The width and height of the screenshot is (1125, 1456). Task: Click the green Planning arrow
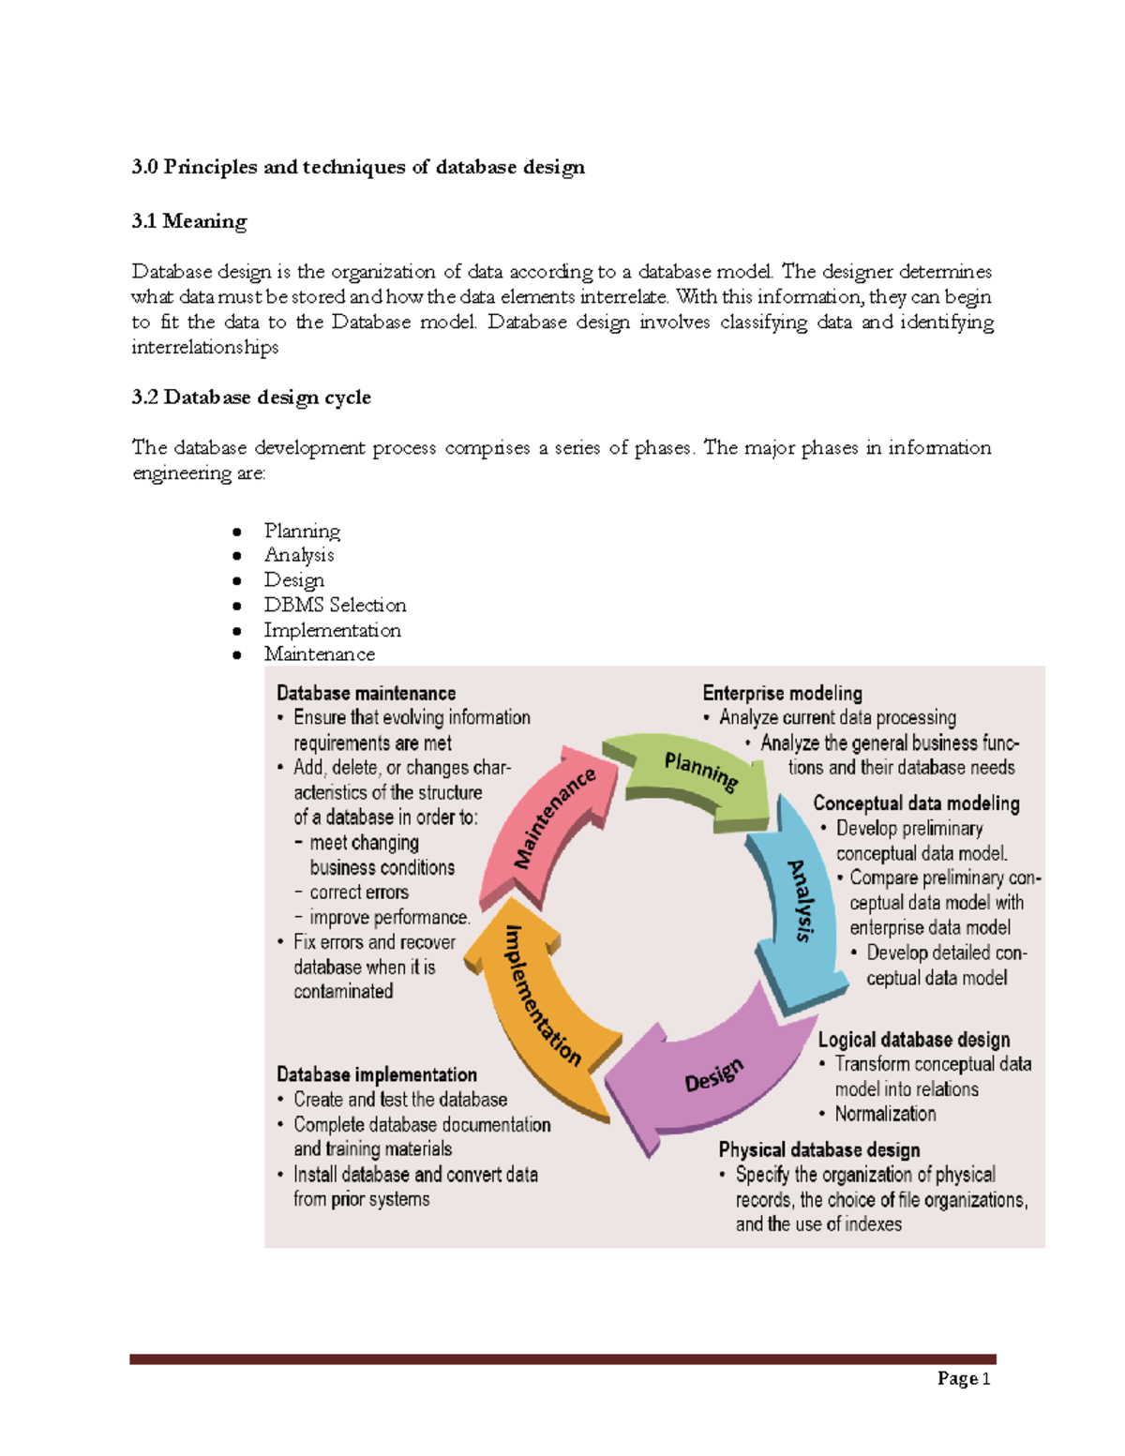click(x=698, y=773)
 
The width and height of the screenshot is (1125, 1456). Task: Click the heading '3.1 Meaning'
click(x=189, y=221)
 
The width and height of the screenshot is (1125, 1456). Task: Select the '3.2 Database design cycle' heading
click(x=251, y=398)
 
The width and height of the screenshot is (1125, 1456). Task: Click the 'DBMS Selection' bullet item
click(x=335, y=605)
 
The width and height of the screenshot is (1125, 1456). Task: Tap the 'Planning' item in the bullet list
click(x=302, y=531)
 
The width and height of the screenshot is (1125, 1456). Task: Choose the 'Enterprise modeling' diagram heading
click(x=782, y=693)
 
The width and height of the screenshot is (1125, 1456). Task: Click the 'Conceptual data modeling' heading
click(x=916, y=803)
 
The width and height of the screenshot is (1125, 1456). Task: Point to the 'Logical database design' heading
click(x=914, y=1040)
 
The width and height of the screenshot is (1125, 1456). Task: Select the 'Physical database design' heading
click(x=818, y=1149)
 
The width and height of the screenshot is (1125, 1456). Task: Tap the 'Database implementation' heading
click(x=377, y=1074)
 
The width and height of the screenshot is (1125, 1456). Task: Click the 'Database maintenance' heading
click(x=366, y=693)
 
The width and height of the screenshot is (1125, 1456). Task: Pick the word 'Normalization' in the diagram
click(x=885, y=1114)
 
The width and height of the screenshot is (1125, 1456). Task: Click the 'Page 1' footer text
click(x=964, y=1378)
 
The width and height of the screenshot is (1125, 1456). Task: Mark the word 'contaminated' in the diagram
click(x=343, y=992)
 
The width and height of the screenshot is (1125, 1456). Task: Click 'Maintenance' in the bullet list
click(x=319, y=654)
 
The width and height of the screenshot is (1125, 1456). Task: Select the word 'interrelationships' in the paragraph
click(x=205, y=348)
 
